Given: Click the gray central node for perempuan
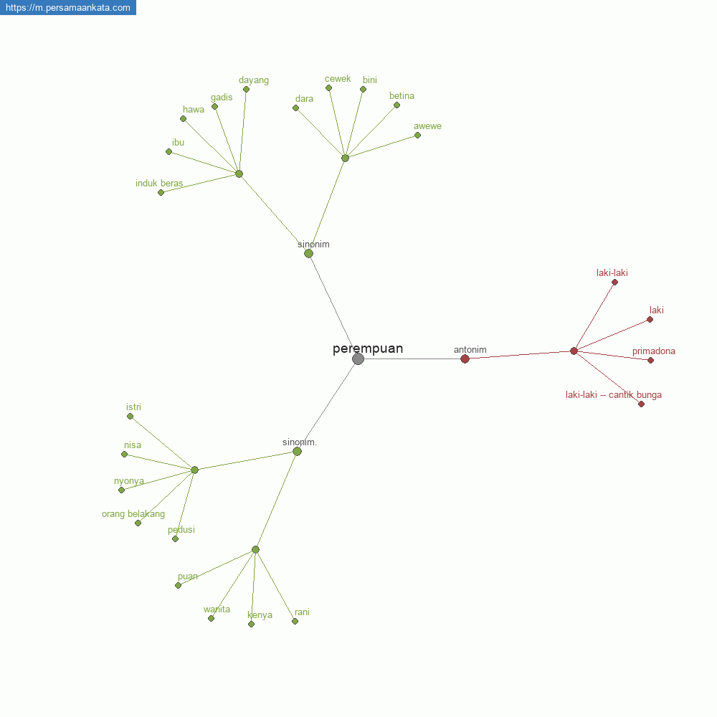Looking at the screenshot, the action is [358, 359].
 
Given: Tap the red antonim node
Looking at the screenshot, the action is [465, 359].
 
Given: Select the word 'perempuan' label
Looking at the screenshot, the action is [368, 348].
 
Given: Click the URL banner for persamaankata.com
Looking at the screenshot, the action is [67, 7].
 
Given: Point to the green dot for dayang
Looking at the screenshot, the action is [247, 90].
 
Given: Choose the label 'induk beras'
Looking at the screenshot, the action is [159, 184].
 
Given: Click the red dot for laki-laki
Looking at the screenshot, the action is [615, 282].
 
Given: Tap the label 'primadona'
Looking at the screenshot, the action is [654, 351].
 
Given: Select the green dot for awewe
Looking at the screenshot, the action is [417, 136].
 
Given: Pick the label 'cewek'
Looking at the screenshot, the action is [338, 79].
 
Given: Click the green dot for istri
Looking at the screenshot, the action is [130, 417].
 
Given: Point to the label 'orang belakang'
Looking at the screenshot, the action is [133, 514].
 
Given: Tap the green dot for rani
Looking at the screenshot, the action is [295, 622].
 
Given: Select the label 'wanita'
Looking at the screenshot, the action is [217, 609].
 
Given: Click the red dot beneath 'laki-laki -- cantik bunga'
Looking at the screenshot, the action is [642, 404].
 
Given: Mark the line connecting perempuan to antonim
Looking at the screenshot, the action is [412, 359].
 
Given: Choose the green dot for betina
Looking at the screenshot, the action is [397, 105].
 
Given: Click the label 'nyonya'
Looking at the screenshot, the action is [129, 481].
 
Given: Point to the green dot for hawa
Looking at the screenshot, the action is [184, 119].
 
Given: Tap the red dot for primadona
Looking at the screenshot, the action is [651, 361].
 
